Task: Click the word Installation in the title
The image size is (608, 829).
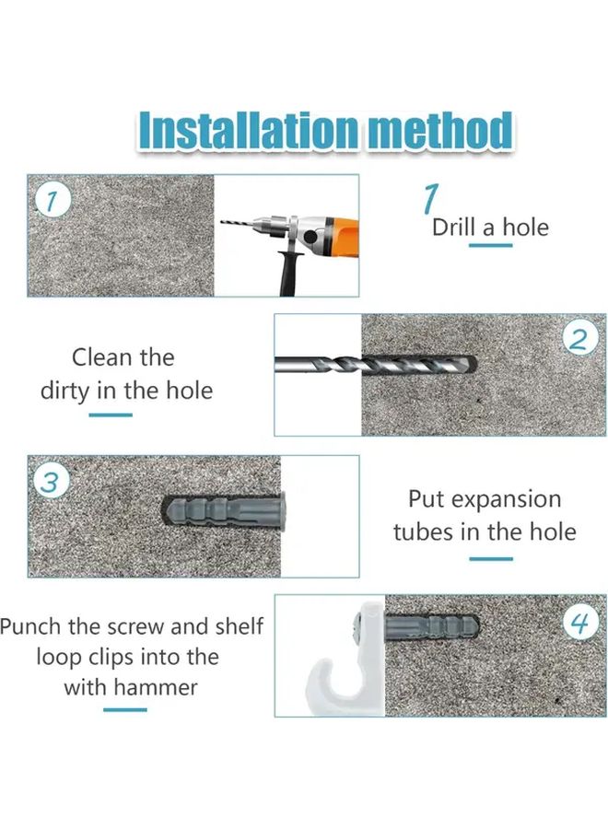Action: pos(249,131)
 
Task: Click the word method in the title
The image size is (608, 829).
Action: pos(440,131)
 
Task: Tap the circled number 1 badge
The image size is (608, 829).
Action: pos(53,202)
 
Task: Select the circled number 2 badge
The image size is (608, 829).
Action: pos(580,339)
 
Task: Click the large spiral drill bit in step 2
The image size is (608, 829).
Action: pos(375,364)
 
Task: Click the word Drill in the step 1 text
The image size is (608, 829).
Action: pos(455,228)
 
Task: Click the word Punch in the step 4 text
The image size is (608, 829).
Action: pos(30,626)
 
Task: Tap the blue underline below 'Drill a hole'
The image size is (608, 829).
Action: pos(491,245)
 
